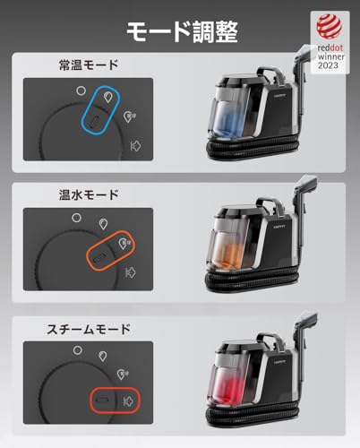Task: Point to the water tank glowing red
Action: pos(231,382)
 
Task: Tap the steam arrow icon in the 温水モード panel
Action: pos(131,271)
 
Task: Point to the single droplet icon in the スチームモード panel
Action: pos(106,355)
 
